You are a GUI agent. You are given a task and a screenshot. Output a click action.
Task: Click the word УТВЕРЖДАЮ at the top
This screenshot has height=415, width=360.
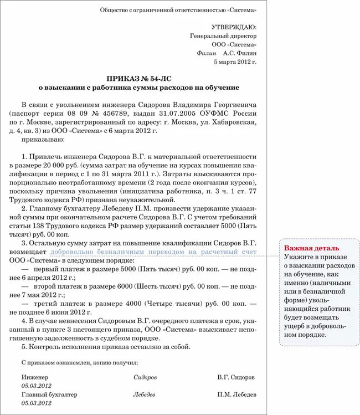(x=234, y=27)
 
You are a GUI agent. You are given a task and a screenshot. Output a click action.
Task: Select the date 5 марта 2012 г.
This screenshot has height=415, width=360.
(x=235, y=62)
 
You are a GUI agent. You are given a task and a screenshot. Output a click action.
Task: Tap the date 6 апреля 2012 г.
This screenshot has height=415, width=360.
(x=44, y=277)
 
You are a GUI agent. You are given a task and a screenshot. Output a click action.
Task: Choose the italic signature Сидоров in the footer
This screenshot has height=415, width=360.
(x=145, y=377)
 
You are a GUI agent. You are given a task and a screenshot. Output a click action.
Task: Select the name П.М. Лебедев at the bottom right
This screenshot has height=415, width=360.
(x=236, y=394)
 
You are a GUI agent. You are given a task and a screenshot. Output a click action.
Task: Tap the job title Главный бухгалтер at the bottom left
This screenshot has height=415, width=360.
(x=49, y=394)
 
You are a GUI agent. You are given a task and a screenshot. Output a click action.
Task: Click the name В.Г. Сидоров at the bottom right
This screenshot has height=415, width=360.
(x=236, y=377)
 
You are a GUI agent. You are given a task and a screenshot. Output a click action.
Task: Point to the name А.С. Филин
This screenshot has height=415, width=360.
(x=240, y=53)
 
